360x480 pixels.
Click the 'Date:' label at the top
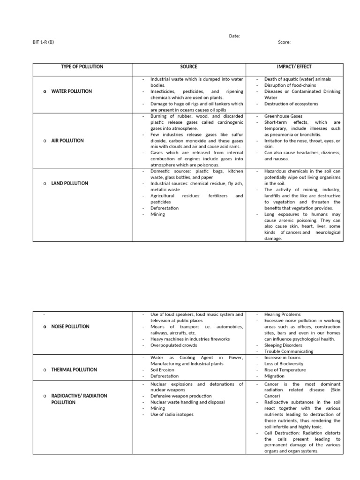pos(234,36)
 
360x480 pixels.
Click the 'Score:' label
pos(284,42)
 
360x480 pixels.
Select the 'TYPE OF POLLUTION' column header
pos(82,67)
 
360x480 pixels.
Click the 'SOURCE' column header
pos(188,67)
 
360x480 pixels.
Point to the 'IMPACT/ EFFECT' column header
pos(294,67)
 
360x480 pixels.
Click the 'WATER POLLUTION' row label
pos(71,91)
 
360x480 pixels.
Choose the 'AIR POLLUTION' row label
pos(67,141)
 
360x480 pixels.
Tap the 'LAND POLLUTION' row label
pos(69,183)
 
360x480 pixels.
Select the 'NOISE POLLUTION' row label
pos(70,326)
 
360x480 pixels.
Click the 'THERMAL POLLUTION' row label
pos(74,370)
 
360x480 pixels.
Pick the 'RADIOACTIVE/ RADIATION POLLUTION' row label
pos(79,399)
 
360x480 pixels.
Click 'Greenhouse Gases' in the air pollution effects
pos(283,116)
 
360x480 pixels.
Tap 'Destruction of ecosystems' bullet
pos(291,104)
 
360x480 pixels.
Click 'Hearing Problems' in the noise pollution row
pos(282,315)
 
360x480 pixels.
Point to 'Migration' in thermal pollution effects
pos(274,376)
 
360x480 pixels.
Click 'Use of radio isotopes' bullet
pos(172,414)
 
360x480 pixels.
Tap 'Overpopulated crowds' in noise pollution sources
pos(173,345)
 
